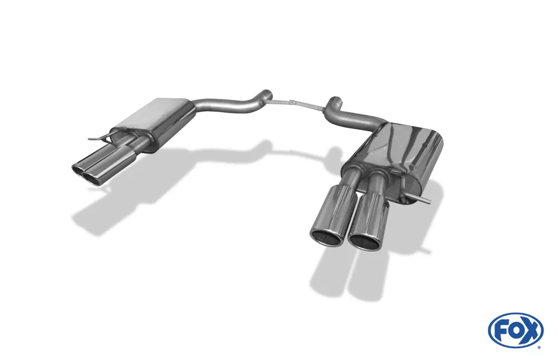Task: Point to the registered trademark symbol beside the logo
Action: [x=539, y=347]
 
